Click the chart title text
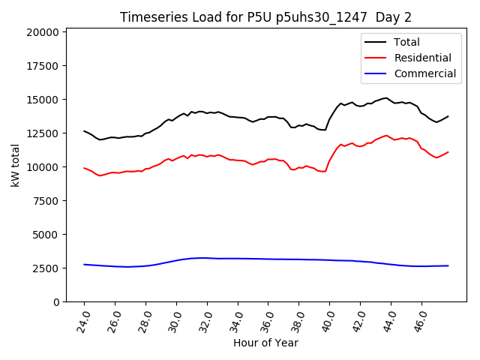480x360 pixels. pos(265,17)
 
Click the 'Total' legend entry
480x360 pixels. pos(406,42)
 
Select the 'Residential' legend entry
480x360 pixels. pos(422,58)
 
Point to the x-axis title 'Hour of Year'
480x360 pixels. pos(265,343)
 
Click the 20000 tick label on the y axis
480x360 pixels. pos(43,32)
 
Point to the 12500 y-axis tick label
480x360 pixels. pos(43,133)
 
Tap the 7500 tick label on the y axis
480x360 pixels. pos(46,201)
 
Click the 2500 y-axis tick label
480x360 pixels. pos(46,268)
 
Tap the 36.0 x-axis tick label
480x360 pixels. pos(268,319)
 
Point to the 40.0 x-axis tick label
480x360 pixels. pos(329,319)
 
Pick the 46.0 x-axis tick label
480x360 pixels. pos(421,319)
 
